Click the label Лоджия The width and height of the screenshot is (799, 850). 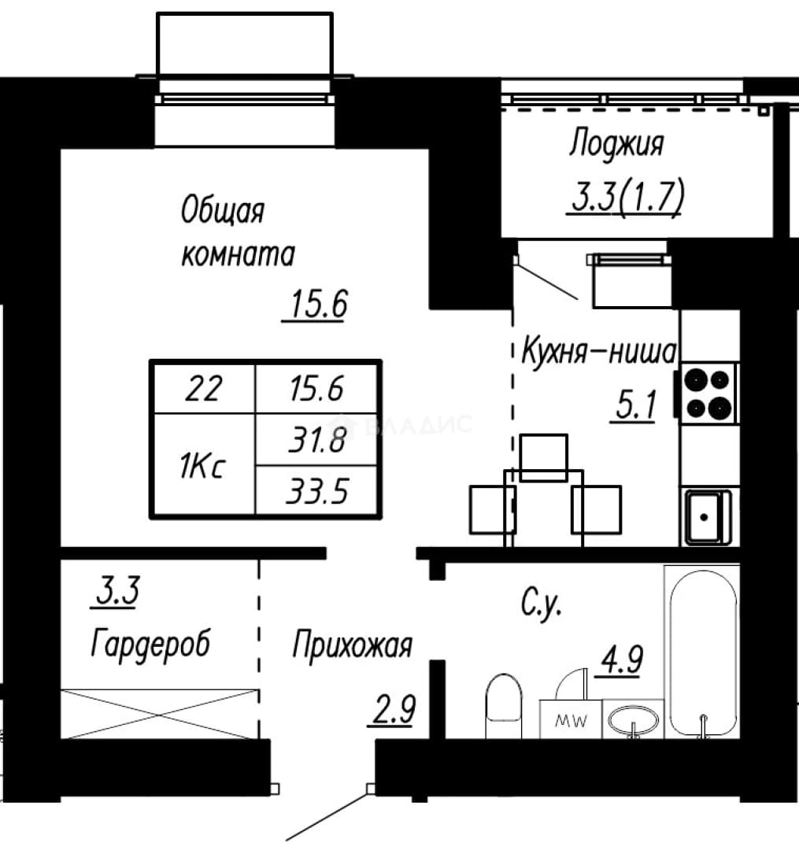(x=616, y=145)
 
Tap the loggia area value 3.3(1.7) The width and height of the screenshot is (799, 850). (x=627, y=196)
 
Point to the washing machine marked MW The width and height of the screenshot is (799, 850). (x=571, y=719)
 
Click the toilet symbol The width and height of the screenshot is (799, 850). (x=504, y=706)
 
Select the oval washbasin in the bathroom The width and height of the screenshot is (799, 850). (x=634, y=720)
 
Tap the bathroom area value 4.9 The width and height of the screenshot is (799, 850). (x=619, y=660)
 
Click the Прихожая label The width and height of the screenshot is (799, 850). (x=353, y=646)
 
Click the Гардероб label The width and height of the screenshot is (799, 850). (x=150, y=644)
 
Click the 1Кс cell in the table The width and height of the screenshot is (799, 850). (x=202, y=465)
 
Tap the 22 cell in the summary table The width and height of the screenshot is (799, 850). (x=203, y=389)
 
